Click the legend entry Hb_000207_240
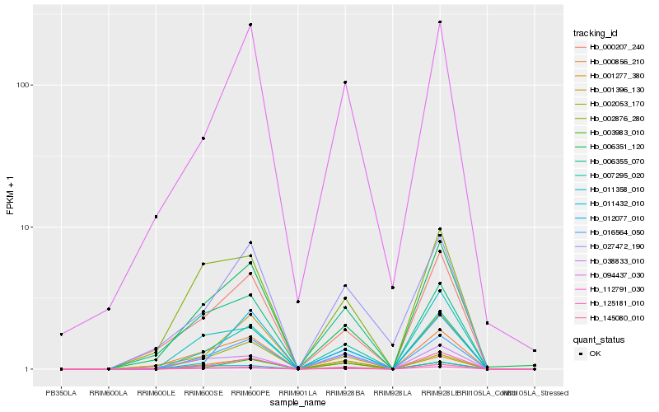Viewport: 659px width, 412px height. tap(611, 47)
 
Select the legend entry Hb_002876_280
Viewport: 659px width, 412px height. tap(611, 118)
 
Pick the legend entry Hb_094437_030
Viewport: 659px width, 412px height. tap(611, 274)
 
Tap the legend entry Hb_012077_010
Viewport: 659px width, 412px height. tap(611, 218)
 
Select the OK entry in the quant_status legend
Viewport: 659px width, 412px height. tap(606, 353)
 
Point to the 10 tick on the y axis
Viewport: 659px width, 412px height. tap(26, 227)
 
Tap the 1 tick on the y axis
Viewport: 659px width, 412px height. tap(29, 369)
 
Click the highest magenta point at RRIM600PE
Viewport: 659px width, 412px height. tap(250, 25)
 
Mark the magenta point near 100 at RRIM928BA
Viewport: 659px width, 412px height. tap(345, 82)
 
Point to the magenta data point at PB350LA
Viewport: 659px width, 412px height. tap(62, 334)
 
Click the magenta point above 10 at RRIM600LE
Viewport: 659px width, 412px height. tap(156, 217)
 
